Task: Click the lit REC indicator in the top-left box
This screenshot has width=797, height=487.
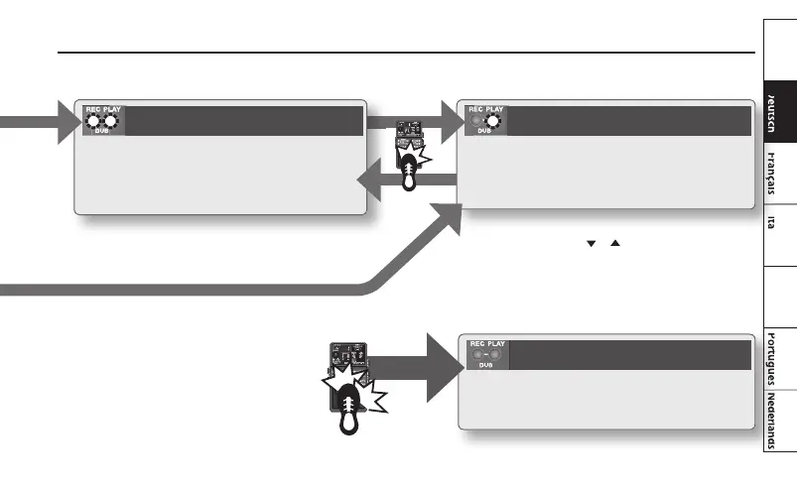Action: point(94,122)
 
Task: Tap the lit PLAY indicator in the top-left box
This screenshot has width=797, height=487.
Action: point(111,122)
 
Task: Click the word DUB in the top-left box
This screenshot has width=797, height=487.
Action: point(102,131)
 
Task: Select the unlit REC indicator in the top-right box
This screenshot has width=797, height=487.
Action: point(475,122)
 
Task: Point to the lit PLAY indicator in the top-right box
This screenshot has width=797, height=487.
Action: point(492,122)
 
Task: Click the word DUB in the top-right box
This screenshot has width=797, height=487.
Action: point(484,132)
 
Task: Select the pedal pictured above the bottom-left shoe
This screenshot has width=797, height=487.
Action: point(347,359)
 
